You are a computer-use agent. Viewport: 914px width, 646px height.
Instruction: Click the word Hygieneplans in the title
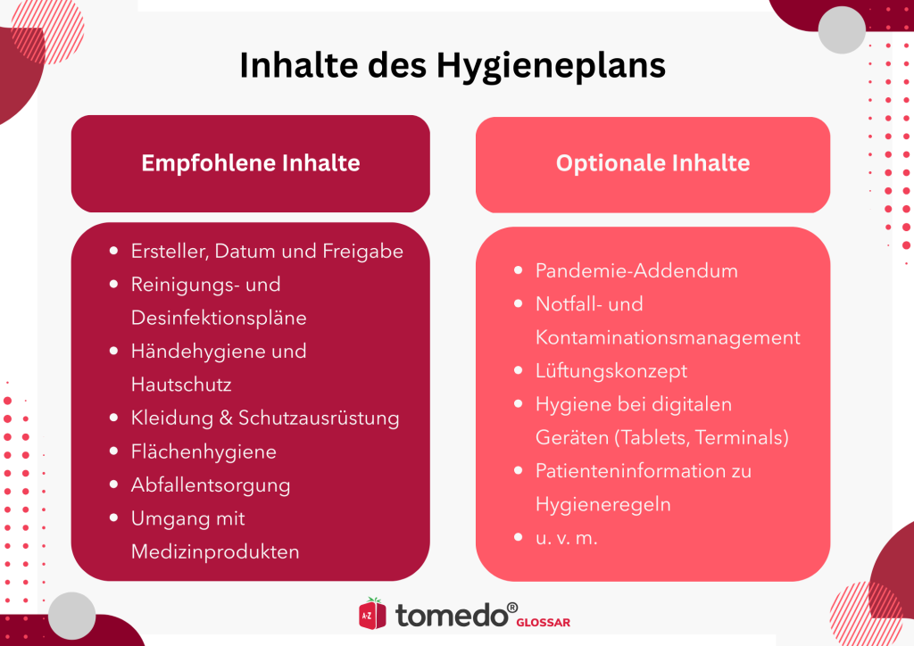coord(551,67)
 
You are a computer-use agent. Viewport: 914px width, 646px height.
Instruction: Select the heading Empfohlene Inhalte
coord(251,163)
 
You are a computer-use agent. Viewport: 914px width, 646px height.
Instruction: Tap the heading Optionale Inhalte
coord(652,163)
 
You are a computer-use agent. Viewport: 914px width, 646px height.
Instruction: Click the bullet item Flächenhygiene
coord(204,451)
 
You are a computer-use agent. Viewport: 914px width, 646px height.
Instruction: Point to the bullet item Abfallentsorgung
coord(211,485)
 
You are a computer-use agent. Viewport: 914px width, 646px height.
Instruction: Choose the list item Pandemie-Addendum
coord(636,270)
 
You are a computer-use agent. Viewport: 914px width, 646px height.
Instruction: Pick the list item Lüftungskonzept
coord(611,370)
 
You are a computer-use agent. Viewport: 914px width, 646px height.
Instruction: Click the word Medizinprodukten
coord(215,551)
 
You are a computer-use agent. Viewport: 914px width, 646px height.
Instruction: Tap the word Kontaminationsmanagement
coord(668,337)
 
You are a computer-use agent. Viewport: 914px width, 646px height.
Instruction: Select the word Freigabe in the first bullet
coord(364,252)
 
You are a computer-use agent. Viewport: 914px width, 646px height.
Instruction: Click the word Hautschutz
coord(181,384)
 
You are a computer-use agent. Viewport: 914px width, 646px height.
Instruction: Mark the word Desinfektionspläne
coord(219,317)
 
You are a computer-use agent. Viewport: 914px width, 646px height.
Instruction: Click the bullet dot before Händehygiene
coord(113,352)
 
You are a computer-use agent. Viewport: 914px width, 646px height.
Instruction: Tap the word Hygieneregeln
coord(603,504)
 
